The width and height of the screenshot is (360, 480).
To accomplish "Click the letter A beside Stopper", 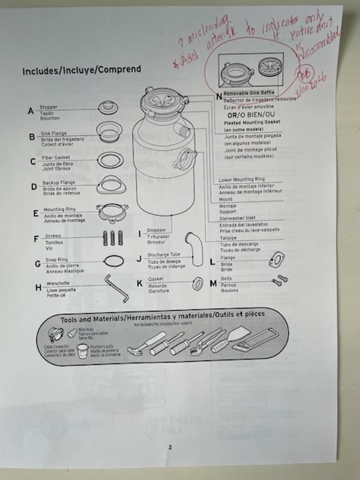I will [31, 111].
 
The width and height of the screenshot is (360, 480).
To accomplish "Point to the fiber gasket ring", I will [109, 158].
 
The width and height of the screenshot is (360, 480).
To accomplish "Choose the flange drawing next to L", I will [276, 259].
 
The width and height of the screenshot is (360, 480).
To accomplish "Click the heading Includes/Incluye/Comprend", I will [82, 70].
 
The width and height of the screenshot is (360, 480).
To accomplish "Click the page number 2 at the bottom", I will [170, 446].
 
